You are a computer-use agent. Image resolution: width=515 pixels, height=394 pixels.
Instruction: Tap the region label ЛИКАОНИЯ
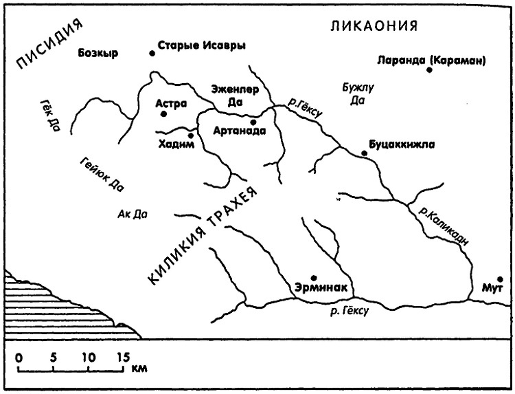375,27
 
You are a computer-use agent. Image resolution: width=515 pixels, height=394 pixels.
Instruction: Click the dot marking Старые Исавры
152,53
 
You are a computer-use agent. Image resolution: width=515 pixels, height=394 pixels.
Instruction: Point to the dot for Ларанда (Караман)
431,69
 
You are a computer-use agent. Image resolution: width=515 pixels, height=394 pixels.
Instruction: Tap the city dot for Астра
163,114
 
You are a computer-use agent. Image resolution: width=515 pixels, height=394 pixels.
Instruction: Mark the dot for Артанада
253,122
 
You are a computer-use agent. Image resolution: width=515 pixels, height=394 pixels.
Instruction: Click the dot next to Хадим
191,135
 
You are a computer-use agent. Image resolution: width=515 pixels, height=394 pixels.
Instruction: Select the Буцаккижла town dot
364,153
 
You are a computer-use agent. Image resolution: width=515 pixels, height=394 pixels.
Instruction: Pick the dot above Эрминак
314,278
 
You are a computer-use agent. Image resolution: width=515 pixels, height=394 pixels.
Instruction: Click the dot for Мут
500,279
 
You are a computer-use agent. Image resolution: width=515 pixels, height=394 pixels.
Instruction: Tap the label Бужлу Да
357,94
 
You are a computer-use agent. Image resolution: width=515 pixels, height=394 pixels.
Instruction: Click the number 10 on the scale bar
88,357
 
